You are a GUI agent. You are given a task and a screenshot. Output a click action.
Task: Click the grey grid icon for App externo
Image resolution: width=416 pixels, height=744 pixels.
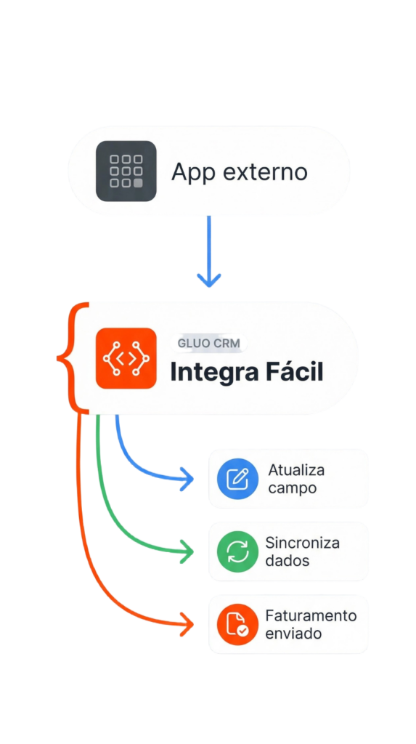click(126, 171)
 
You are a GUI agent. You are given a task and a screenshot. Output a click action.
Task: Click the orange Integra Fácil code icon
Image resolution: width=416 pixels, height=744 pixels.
click(126, 358)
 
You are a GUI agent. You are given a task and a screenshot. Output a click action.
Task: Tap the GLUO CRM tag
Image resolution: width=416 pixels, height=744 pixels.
click(208, 343)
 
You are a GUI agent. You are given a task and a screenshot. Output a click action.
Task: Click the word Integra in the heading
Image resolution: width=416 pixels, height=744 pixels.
click(214, 373)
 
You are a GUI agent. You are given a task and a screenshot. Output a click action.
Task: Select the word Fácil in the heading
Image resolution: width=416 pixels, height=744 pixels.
click(295, 373)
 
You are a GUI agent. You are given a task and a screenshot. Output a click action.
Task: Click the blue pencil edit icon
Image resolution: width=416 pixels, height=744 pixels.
click(237, 479)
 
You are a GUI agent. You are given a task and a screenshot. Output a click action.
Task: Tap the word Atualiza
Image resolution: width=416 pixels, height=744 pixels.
click(296, 470)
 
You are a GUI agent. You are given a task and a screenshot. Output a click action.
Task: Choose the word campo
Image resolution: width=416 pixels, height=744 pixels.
click(292, 488)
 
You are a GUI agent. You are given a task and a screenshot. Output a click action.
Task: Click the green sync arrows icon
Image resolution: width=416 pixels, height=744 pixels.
click(237, 551)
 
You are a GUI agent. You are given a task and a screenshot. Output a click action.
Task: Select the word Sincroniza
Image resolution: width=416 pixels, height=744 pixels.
click(302, 543)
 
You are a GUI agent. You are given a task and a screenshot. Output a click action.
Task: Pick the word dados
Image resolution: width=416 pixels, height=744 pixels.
click(287, 561)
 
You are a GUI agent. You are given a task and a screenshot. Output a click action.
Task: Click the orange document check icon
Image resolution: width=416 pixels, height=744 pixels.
click(237, 624)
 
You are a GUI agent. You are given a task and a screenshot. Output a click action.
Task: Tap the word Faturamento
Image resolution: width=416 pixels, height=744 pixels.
click(311, 615)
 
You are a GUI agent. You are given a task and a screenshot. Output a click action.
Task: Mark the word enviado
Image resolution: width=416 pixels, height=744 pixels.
click(294, 634)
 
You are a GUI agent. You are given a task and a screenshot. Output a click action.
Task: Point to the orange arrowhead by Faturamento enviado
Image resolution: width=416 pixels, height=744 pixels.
click(187, 623)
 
